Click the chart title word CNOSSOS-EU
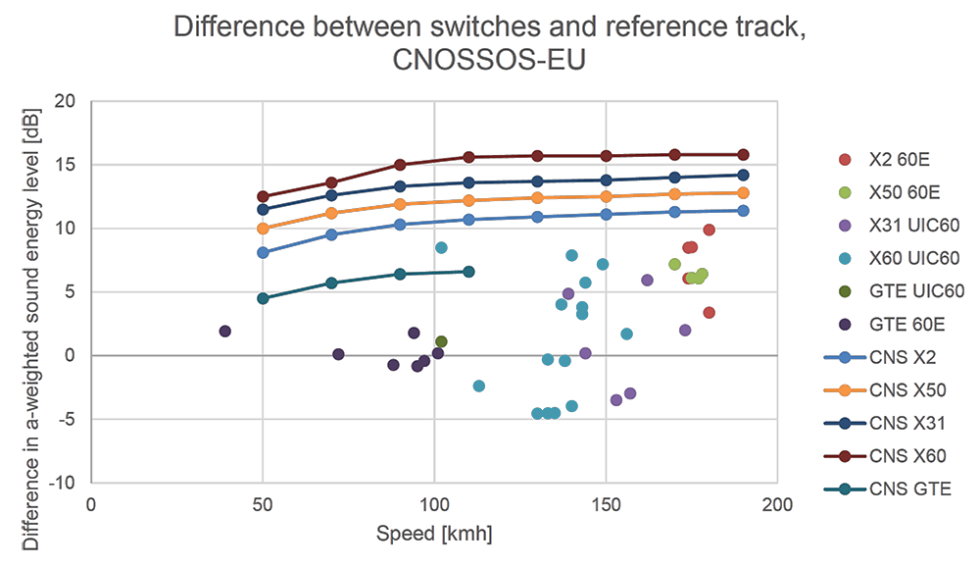(489, 62)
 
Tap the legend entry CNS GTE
(909, 489)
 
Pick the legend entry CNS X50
(907, 390)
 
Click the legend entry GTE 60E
(906, 325)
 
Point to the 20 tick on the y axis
(65, 101)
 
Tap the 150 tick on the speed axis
(606, 504)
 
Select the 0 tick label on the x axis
(92, 504)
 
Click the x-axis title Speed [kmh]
(434, 534)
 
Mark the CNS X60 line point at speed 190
(743, 155)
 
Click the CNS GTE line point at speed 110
(468, 271)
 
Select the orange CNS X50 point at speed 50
(263, 229)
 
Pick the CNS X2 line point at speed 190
(743, 211)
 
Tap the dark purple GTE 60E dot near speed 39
(225, 332)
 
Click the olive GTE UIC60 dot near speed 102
(441, 342)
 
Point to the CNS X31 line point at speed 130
(537, 181)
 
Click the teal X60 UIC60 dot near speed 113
(479, 387)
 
